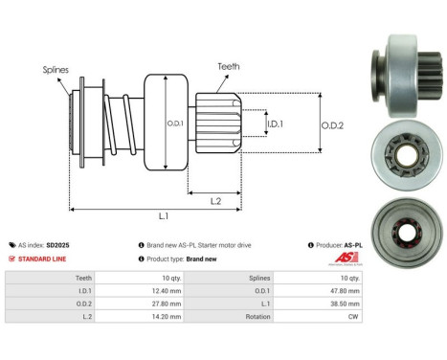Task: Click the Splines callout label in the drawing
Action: click(x=56, y=70)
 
